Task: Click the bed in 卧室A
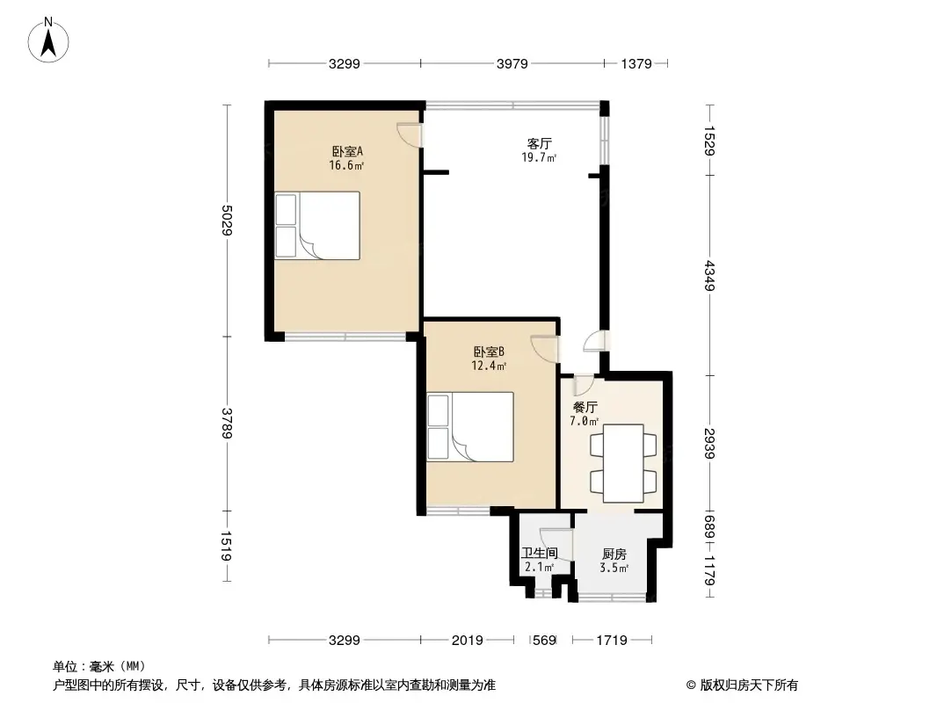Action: click(x=317, y=226)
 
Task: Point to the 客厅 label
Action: click(x=539, y=143)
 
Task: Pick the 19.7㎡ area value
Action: click(x=539, y=158)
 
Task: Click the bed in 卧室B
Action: click(x=470, y=426)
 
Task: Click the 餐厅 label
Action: click(x=585, y=408)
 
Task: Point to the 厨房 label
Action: click(x=614, y=554)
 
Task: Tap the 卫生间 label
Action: click(x=540, y=554)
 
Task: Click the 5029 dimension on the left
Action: click(x=227, y=220)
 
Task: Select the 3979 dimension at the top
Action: click(x=512, y=63)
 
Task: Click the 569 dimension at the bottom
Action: click(x=545, y=641)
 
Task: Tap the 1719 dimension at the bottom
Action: click(x=610, y=641)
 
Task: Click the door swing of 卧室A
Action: click(x=409, y=134)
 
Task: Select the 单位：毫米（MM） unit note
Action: click(x=99, y=665)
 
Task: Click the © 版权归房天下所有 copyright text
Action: click(x=737, y=685)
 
